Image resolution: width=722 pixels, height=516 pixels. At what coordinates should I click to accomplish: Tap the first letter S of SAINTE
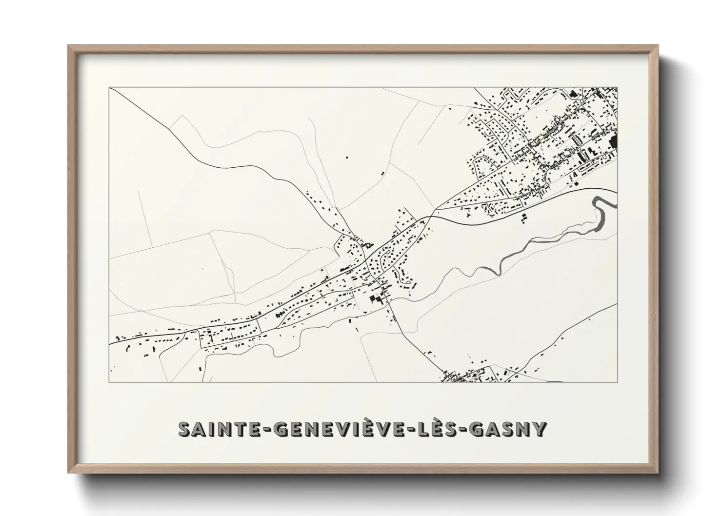(185, 430)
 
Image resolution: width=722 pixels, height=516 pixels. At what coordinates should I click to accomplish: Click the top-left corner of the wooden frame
(69, 46)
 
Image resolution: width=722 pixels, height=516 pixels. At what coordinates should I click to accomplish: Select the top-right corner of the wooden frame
(657, 46)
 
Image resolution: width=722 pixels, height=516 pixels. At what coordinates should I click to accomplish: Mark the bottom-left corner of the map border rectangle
(109, 382)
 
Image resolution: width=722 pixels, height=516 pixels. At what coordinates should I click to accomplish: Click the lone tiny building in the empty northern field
(347, 157)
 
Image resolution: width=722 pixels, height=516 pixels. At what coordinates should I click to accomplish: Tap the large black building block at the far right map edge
(614, 141)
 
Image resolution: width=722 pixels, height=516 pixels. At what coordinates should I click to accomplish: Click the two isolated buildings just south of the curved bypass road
(524, 217)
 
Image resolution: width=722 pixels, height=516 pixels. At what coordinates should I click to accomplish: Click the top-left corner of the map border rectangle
(109, 88)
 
